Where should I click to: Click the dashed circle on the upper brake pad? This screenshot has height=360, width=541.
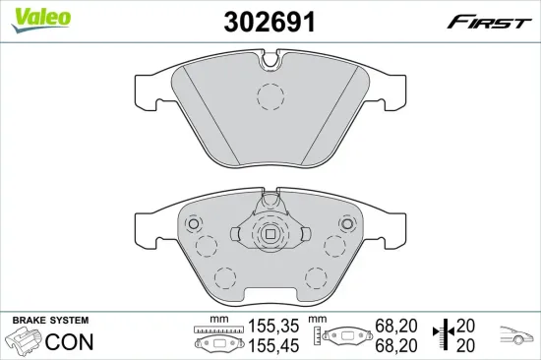[x=270, y=96]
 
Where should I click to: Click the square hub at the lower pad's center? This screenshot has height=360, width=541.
[x=270, y=234]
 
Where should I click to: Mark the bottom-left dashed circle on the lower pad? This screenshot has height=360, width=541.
[x=224, y=277]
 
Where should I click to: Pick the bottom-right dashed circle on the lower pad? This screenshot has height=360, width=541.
[x=316, y=277]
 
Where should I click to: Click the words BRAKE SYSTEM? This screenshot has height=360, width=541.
[x=49, y=321]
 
